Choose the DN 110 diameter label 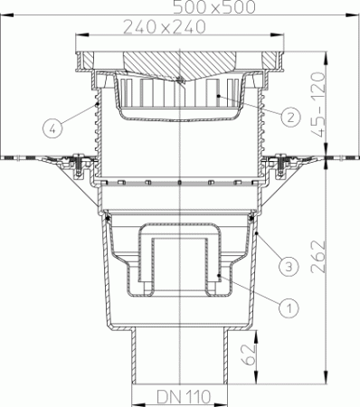180,396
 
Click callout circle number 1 290,307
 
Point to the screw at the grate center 181,82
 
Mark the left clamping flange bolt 80,164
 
